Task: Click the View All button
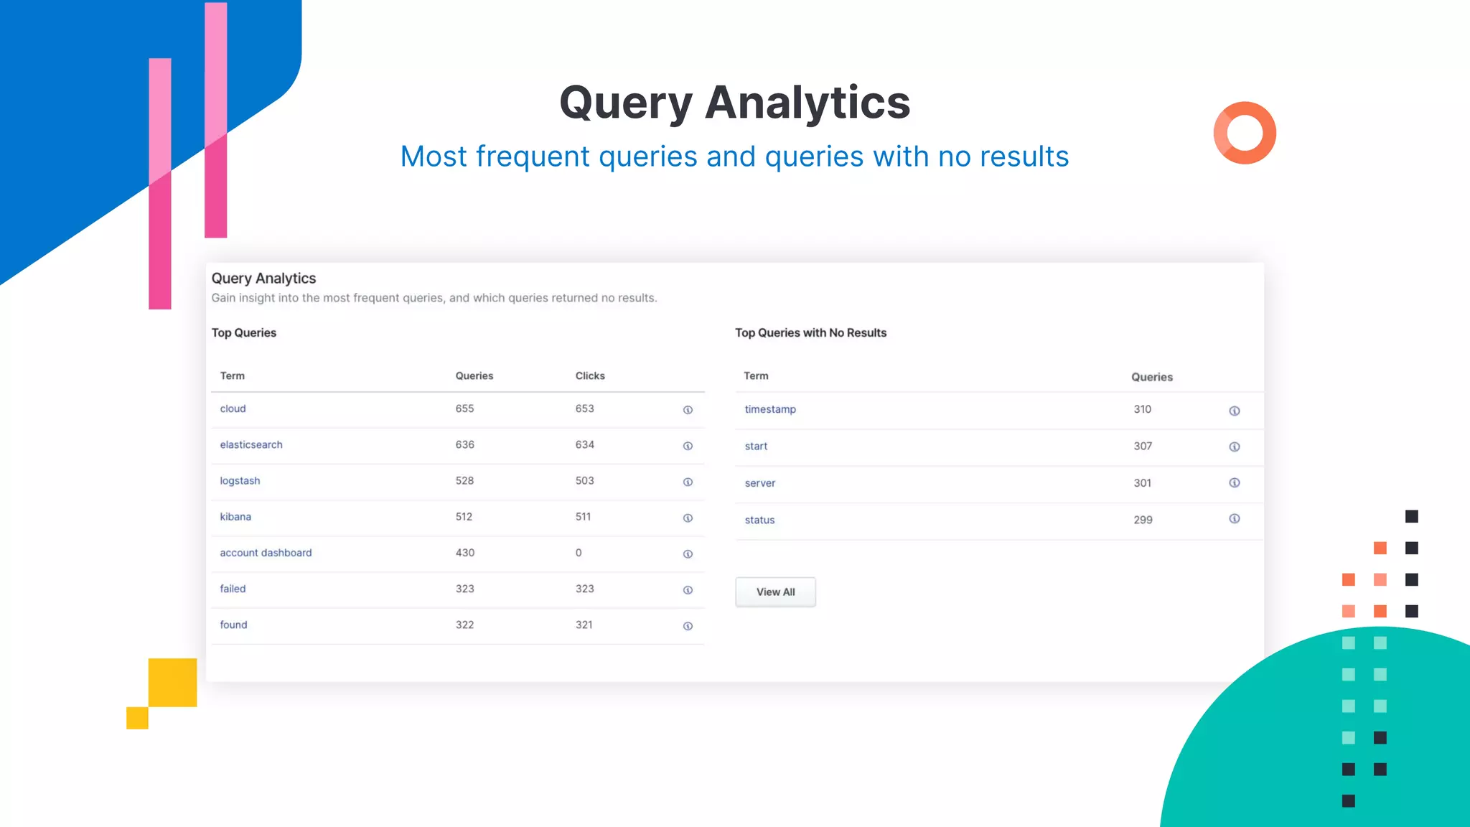click(x=775, y=592)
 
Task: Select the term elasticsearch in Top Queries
click(x=251, y=445)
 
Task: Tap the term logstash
click(x=240, y=481)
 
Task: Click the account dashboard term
click(x=266, y=553)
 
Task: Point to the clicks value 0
click(x=579, y=553)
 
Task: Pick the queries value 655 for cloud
click(x=464, y=408)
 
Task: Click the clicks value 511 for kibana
click(x=583, y=517)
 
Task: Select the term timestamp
click(x=770, y=409)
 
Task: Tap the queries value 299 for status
click(x=1143, y=520)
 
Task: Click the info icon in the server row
click(x=1235, y=482)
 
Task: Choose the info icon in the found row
click(x=688, y=626)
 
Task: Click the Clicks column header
click(x=590, y=376)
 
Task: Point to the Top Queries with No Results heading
click(x=810, y=333)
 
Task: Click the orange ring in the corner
click(x=1245, y=133)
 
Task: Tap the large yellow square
click(x=173, y=682)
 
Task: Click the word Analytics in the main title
click(x=807, y=103)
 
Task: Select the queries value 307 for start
click(x=1143, y=446)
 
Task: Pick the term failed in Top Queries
click(x=233, y=589)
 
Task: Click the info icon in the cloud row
click(x=688, y=410)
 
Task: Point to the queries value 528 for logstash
click(x=464, y=481)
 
